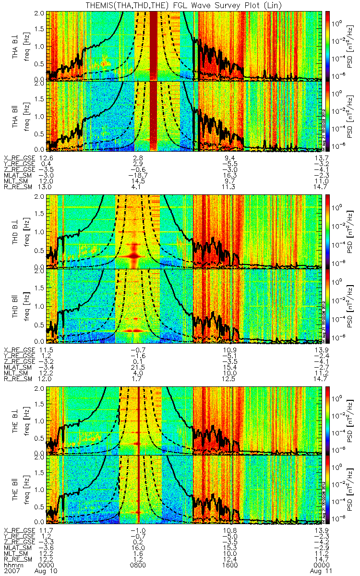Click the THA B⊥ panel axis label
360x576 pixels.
pos(16,46)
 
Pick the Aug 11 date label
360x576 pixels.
pos(314,571)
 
